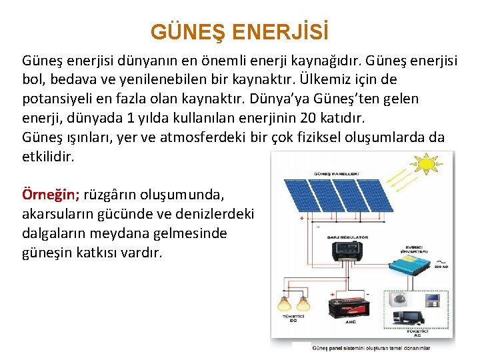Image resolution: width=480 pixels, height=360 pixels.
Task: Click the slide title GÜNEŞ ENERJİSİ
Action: [239, 31]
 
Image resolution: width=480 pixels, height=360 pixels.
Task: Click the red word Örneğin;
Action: [51, 195]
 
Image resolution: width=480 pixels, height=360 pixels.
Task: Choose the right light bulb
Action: [303, 304]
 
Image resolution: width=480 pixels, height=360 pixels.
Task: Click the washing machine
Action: [401, 299]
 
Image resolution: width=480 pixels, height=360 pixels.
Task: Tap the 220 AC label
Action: [441, 267]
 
